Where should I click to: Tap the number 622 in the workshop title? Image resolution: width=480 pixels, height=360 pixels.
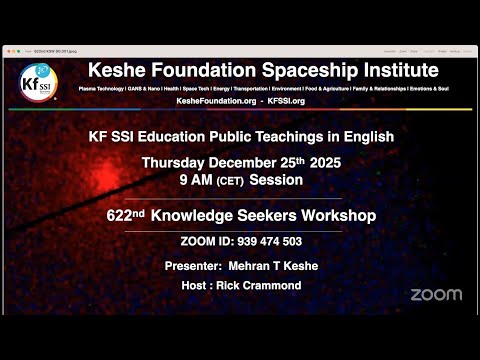pos(120,215)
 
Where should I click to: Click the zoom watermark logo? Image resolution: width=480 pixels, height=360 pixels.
pos(436,294)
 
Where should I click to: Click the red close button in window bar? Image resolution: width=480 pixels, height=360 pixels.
pos(8,48)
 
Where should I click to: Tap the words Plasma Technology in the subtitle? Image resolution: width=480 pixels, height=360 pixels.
pos(106,89)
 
